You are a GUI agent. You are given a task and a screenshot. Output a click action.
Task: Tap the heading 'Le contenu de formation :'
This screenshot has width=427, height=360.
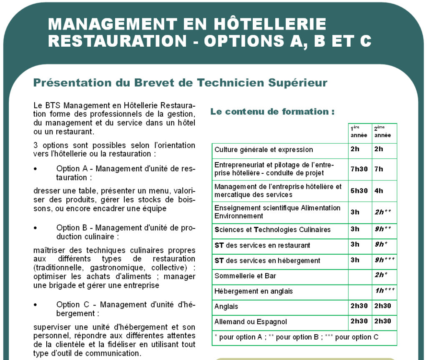tap(272, 112)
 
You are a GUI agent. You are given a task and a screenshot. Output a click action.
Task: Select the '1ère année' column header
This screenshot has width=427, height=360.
tap(359, 132)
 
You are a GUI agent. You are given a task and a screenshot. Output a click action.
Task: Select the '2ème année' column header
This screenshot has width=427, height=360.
tap(382, 132)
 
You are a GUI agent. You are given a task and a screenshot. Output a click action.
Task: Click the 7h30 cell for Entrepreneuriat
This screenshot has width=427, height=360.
tap(359, 169)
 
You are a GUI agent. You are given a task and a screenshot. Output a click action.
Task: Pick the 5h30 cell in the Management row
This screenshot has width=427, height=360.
tap(359, 191)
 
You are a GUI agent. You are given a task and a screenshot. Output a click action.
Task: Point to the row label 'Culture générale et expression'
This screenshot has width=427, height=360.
tap(264, 150)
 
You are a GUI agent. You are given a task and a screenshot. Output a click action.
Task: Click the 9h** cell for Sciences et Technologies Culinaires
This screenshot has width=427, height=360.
tap(383, 229)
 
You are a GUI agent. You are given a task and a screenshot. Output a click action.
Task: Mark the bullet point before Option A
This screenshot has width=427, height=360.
tap(35, 169)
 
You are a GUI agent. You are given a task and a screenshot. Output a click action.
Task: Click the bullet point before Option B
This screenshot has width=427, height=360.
tap(35, 228)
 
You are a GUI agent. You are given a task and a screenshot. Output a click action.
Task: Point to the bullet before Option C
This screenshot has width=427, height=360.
tap(35, 305)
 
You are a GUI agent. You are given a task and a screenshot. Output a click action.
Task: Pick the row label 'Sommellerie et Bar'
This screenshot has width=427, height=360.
tap(245, 276)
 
